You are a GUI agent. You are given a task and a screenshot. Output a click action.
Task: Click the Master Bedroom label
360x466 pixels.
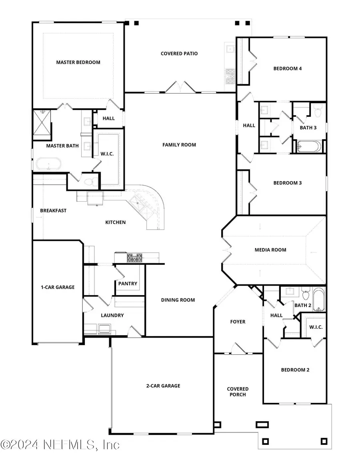click(78, 62)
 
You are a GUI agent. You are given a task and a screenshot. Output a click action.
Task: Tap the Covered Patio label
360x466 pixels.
click(179, 54)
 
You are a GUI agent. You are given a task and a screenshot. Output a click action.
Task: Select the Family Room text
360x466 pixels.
click(179, 145)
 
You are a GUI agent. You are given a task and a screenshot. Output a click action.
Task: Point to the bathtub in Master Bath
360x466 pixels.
click(49, 164)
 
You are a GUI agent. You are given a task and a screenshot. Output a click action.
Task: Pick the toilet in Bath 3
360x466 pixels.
click(318, 110)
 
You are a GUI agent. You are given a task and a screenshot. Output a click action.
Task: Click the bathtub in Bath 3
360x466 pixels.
click(309, 146)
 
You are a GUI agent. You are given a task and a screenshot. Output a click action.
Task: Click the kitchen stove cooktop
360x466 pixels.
click(135, 258)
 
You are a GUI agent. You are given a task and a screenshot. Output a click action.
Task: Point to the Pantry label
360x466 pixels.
click(128, 284)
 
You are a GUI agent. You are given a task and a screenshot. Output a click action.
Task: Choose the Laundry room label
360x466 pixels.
click(112, 315)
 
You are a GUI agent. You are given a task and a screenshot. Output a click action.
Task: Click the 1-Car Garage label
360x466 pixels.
click(58, 287)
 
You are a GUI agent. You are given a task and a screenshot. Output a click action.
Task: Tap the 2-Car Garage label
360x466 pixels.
click(163, 386)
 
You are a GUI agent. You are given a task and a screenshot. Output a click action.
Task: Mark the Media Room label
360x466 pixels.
click(270, 250)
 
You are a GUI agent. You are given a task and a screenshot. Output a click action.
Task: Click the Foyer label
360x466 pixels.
click(238, 322)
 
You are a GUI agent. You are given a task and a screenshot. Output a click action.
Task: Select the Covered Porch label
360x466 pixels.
click(238, 392)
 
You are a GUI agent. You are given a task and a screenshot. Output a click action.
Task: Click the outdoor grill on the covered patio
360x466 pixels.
click(230, 76)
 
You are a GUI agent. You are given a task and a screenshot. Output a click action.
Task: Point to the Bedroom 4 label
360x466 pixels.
click(288, 69)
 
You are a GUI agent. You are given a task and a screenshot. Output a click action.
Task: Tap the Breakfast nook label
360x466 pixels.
click(53, 210)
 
